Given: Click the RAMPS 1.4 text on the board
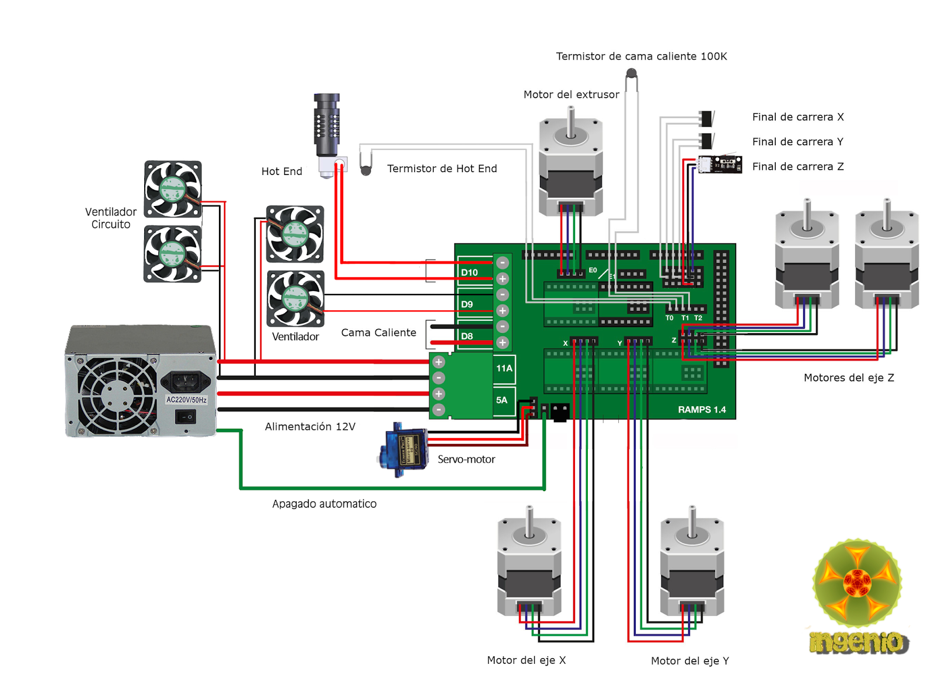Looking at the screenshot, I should [x=702, y=410].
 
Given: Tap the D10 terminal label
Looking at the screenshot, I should [x=469, y=272].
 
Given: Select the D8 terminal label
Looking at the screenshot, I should [x=467, y=336].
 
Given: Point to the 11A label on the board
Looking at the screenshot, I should [x=504, y=368].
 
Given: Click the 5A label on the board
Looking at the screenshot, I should [x=502, y=400].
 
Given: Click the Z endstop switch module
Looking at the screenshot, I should [x=721, y=164].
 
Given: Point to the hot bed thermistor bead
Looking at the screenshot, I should [x=631, y=74].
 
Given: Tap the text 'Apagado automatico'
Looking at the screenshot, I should [x=324, y=504].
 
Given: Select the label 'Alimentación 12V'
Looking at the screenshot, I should [x=310, y=427].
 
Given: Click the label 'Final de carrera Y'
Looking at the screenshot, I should [x=797, y=142].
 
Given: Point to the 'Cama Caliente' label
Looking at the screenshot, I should [x=378, y=333].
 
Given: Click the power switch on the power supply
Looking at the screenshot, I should [x=186, y=417].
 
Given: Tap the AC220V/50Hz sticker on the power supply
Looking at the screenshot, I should [x=186, y=400].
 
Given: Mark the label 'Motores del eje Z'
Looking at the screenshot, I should [x=849, y=377].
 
